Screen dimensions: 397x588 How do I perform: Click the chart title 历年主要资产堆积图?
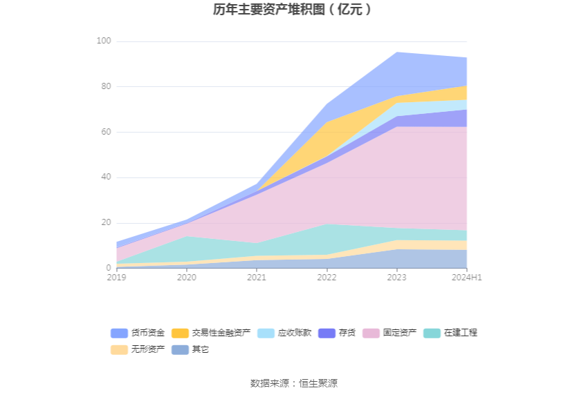[293, 10]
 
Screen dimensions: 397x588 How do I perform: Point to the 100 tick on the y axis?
[103, 41]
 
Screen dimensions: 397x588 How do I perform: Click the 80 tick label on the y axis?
[105, 87]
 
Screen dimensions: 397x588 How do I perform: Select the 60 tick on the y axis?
[105, 132]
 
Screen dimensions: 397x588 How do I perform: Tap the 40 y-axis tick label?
[105, 177]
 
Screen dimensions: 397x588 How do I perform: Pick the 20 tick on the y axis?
[105, 223]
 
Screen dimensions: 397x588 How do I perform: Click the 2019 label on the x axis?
[116, 278]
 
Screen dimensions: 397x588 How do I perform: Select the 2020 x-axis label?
[187, 278]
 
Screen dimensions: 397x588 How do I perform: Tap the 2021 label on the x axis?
[257, 278]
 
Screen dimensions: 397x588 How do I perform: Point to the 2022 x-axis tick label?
[327, 278]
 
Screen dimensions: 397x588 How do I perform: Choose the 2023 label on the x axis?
[396, 278]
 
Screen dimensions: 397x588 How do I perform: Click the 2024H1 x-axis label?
[466, 278]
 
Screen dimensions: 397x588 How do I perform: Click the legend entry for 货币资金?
[138, 333]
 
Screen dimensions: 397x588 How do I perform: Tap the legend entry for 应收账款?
[284, 333]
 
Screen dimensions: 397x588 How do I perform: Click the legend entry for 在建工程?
[450, 333]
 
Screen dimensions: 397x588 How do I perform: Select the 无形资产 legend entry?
[138, 349]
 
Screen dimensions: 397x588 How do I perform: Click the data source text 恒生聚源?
[318, 383]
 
